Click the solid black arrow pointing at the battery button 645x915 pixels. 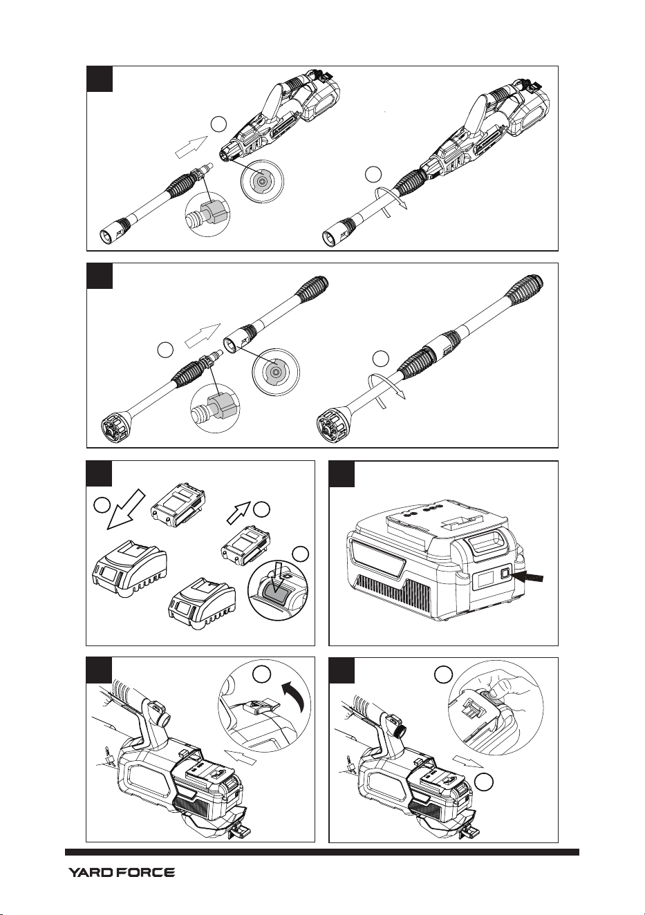pyautogui.click(x=530, y=576)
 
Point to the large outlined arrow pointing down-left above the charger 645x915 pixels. pyautogui.click(x=126, y=509)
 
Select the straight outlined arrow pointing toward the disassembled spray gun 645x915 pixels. pyautogui.click(x=191, y=147)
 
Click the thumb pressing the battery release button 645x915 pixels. pyautogui.click(x=495, y=692)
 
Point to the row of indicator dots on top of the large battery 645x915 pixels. pyautogui.click(x=422, y=510)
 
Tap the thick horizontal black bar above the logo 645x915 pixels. pyautogui.click(x=322, y=849)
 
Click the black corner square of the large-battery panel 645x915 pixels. pyautogui.click(x=342, y=474)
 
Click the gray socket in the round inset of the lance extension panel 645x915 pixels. pyautogui.click(x=276, y=371)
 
